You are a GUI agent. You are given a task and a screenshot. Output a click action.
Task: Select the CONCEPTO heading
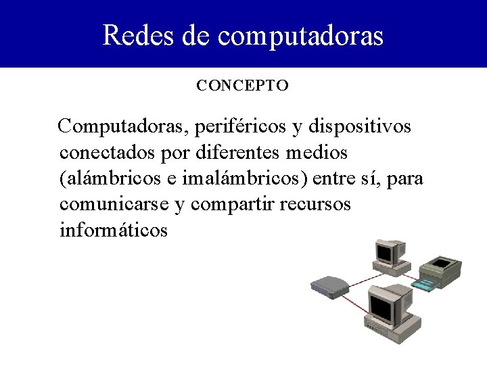click(243, 86)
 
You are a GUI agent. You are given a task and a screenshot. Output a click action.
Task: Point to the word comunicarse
click(114, 204)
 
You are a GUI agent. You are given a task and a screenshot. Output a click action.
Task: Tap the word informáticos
click(113, 230)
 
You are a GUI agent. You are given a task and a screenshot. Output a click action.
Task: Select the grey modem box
click(329, 287)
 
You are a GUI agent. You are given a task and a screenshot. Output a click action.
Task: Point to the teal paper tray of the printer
click(430, 285)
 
